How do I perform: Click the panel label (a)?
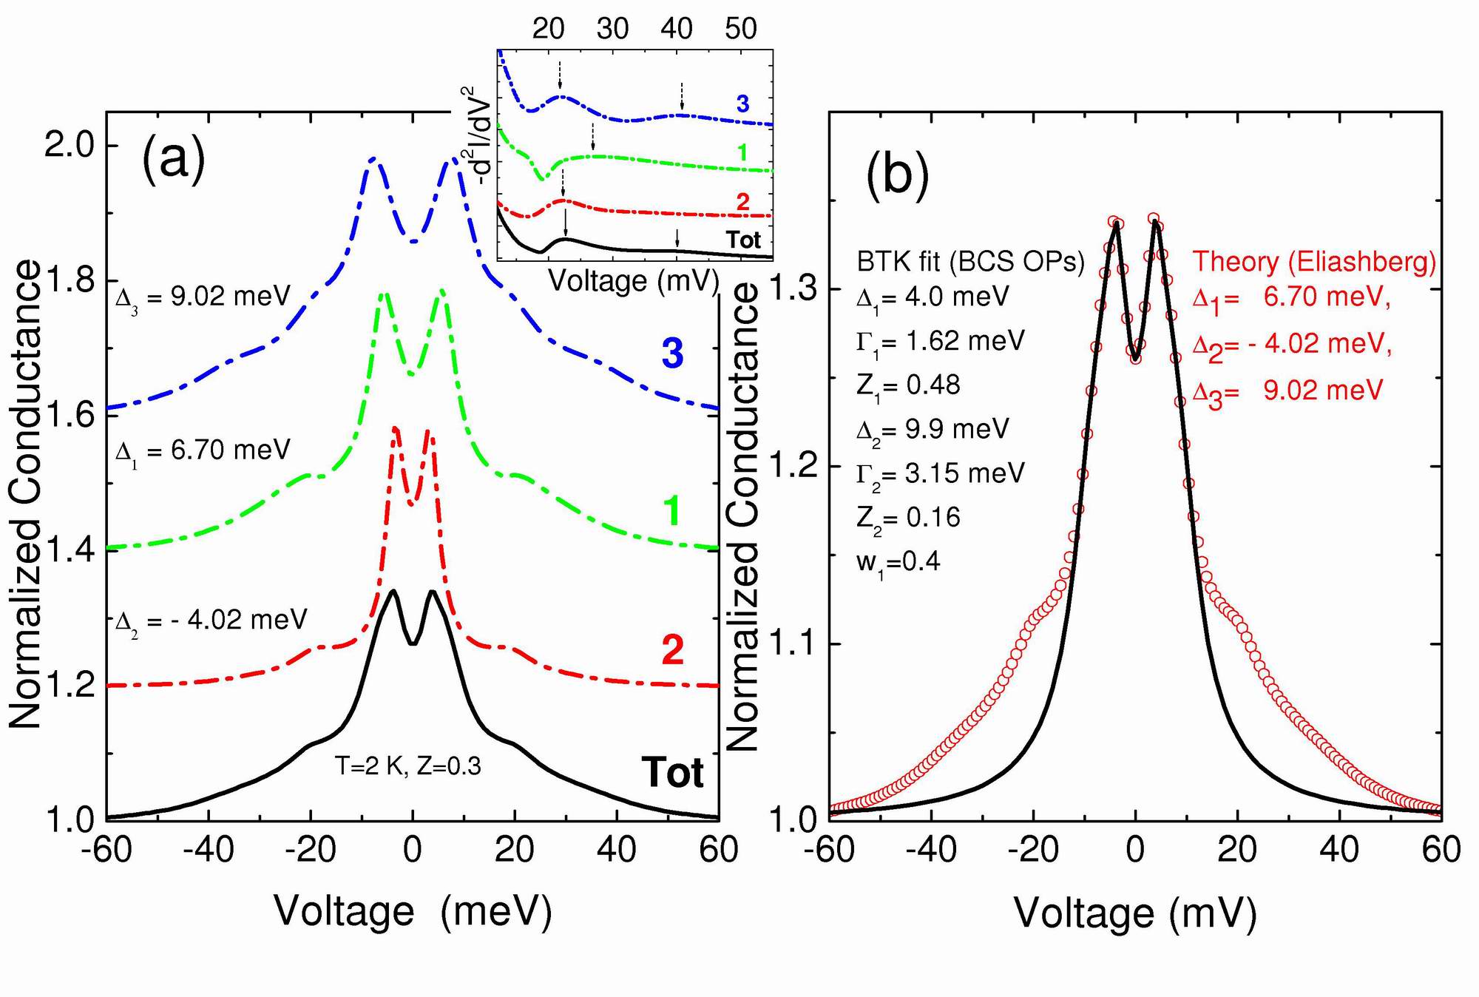click(173, 158)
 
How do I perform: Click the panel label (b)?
click(897, 178)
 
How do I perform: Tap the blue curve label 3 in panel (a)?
click(672, 354)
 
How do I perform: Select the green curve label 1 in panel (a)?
click(672, 512)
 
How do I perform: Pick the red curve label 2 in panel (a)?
click(672, 650)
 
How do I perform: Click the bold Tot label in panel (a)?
click(672, 772)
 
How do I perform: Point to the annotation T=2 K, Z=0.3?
click(407, 766)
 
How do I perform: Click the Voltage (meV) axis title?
click(413, 910)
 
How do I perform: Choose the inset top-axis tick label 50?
click(740, 30)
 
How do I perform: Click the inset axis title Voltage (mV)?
click(634, 281)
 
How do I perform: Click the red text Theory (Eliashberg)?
click(1314, 261)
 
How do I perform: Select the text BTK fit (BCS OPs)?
click(970, 261)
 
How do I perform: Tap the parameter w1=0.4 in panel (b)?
click(898, 562)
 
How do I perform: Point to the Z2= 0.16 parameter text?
click(908, 518)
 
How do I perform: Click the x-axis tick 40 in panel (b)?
click(1339, 851)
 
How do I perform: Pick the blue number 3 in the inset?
click(742, 104)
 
